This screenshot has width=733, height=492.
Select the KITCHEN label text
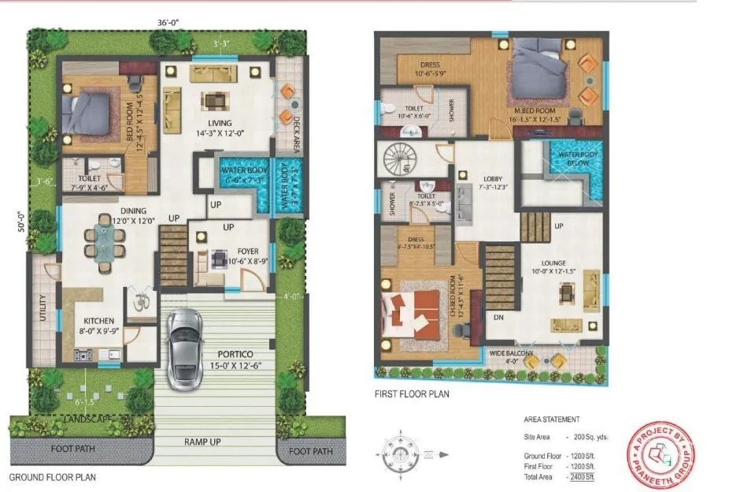coord(100,321)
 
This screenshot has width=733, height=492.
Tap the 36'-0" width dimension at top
coord(168,22)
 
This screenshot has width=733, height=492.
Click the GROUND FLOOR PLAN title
coord(52,477)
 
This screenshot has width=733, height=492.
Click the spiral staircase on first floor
coord(404,161)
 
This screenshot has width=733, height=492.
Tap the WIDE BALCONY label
coord(510,353)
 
